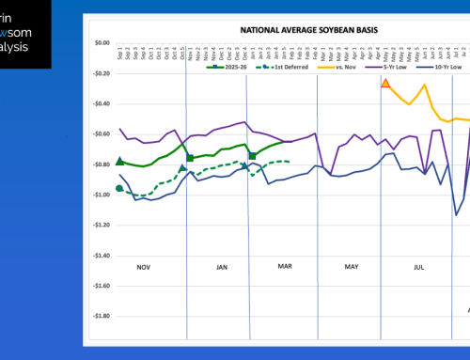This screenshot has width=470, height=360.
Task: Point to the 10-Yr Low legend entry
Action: point(445,69)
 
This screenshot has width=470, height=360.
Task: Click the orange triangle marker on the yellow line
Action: point(385,84)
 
